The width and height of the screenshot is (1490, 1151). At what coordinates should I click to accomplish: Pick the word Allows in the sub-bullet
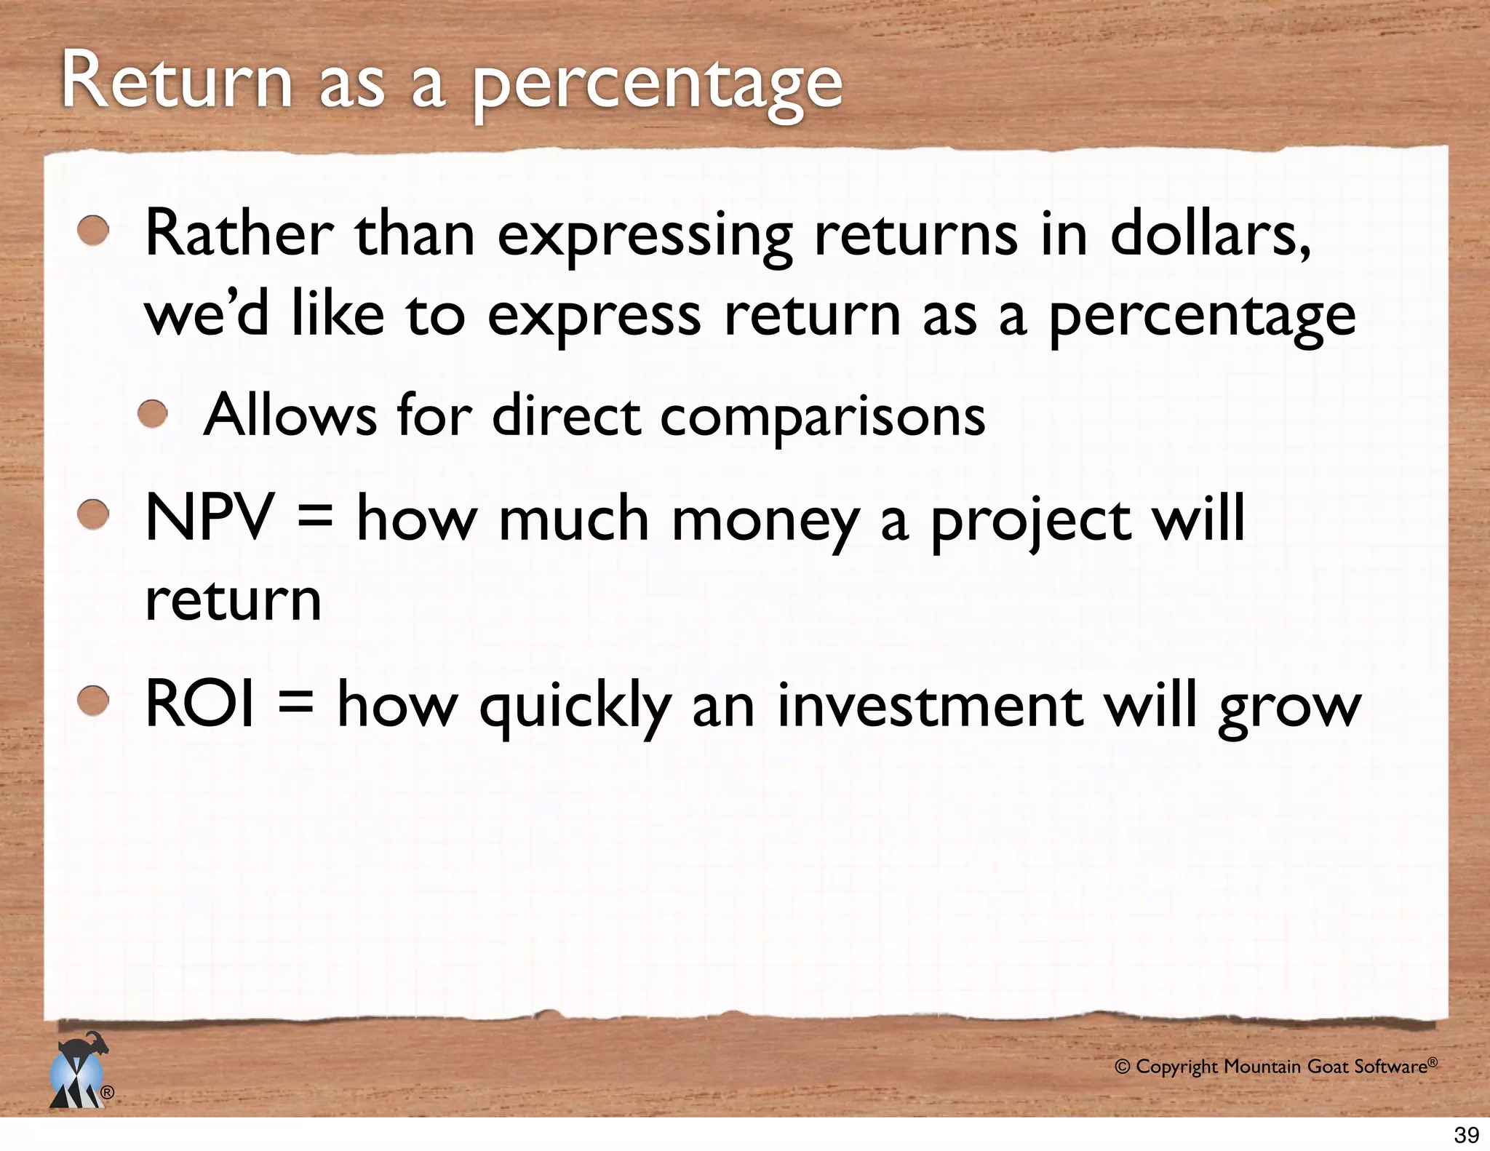point(290,415)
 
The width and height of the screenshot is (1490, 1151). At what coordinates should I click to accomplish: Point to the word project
point(1031,522)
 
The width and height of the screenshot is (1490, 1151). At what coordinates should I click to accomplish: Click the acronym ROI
point(200,704)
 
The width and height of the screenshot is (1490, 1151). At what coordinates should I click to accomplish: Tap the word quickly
point(575,707)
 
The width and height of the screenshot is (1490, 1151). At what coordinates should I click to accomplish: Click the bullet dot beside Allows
point(154,415)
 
